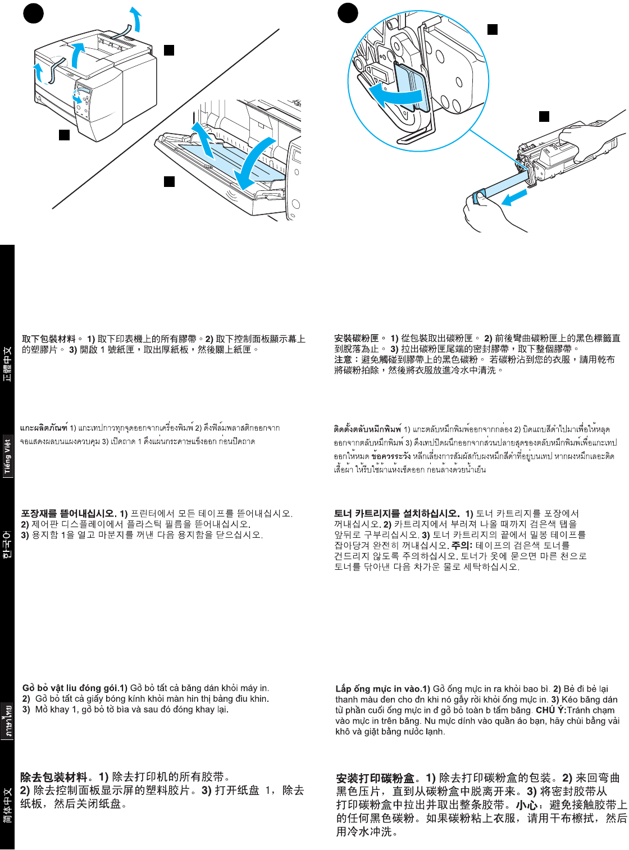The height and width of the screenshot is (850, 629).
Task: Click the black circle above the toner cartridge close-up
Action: click(348, 13)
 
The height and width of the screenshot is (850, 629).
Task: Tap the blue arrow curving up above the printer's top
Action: click(135, 20)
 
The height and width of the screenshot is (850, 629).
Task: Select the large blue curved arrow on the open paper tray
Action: click(252, 163)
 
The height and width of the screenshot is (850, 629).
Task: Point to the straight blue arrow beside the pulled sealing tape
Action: click(514, 198)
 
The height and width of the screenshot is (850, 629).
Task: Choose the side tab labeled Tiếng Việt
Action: click(7, 456)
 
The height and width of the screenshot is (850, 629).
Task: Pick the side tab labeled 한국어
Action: click(7, 545)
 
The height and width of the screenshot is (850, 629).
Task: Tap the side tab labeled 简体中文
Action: click(7, 806)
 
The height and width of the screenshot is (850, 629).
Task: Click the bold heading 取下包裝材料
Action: click(48, 339)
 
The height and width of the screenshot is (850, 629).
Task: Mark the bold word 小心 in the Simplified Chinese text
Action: click(526, 805)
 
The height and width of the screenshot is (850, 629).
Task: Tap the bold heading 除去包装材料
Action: click(54, 777)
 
